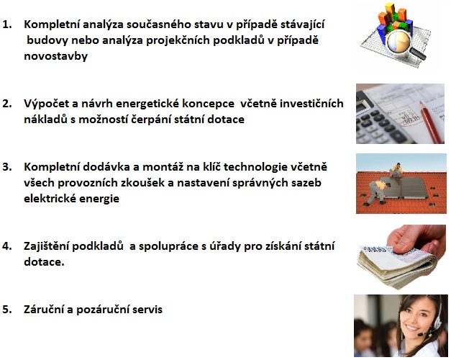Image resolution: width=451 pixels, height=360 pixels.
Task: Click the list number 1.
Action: click(7, 24)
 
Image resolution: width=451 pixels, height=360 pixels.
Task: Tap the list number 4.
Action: click(7, 246)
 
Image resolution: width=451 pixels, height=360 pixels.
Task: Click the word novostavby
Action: click(56, 56)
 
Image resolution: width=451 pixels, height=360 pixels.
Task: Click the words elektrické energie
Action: click(71, 199)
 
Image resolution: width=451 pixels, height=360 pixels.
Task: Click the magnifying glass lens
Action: click(398, 42)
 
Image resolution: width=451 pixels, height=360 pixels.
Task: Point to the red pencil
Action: click(432, 122)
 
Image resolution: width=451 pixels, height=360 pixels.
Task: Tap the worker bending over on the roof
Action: click(377, 192)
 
